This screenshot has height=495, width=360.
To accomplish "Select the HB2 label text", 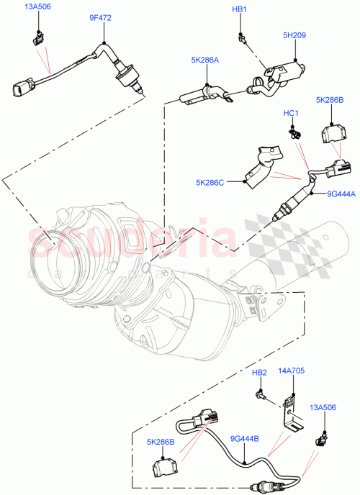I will (259, 372).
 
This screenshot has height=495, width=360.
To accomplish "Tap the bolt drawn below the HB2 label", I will (261, 394).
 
